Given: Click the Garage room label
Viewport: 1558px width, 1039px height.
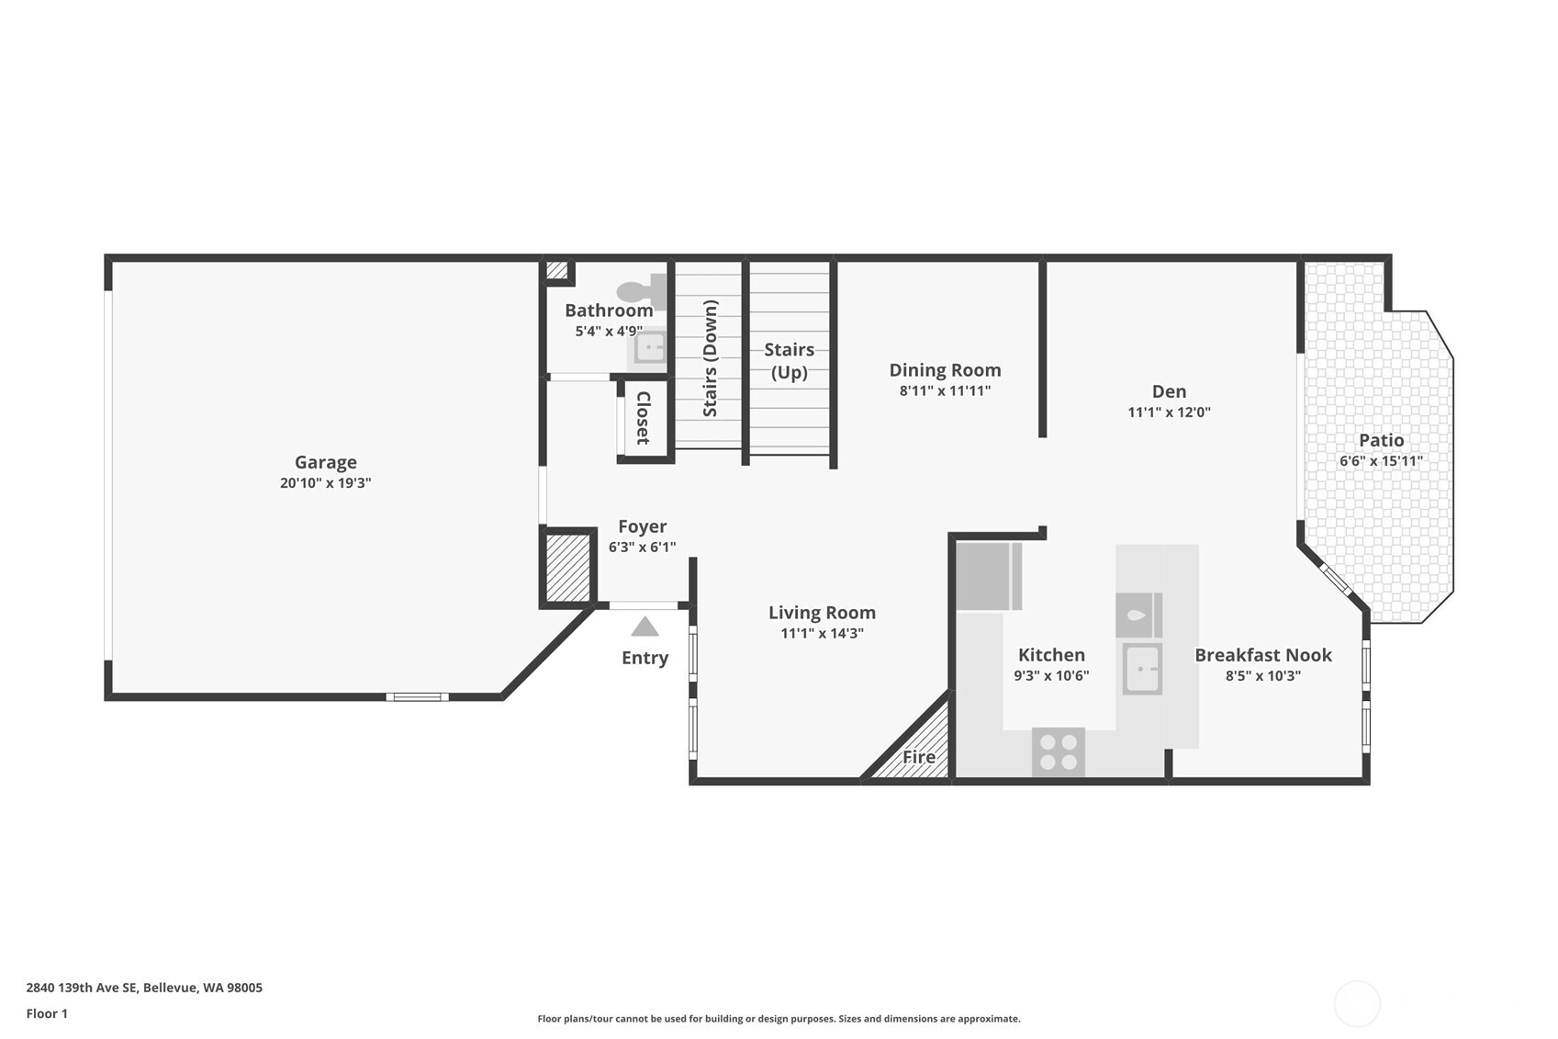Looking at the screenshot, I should pos(325,462).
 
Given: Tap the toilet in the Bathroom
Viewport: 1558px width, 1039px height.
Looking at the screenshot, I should pos(642,291).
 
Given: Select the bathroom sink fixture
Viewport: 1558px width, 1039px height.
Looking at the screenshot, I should pos(650,348).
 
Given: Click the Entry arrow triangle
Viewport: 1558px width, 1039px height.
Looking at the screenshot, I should pos(644,627).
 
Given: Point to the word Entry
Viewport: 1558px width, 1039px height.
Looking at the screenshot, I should pos(644,658).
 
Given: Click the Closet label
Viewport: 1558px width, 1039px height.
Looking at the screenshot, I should pos(644,418).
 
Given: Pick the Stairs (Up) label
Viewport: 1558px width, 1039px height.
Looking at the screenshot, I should pos(789,360).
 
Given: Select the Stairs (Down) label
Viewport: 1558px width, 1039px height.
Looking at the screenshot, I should pos(710,358).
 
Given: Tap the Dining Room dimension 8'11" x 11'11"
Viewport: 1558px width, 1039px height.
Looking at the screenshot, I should pos(945,390).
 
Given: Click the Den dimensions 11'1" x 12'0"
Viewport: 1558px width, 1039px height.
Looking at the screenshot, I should pos(1169,412).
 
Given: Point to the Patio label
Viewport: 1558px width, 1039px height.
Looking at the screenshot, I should pos(1381,440).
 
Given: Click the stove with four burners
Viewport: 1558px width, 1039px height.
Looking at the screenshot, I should pos(1059,751).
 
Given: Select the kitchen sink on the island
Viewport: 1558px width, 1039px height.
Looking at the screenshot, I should pos(1142,669).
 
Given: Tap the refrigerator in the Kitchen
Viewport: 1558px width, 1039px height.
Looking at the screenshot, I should pos(988,576).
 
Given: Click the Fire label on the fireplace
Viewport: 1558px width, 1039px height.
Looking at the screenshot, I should pos(918,757).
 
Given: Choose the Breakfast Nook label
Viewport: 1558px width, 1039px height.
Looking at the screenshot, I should pos(1262,655).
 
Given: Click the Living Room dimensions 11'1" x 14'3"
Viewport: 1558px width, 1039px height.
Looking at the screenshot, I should pos(822,633).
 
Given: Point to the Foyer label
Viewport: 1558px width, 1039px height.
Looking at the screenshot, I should pos(642,526).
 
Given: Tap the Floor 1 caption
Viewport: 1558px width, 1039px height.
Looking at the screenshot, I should pos(47,1013).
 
